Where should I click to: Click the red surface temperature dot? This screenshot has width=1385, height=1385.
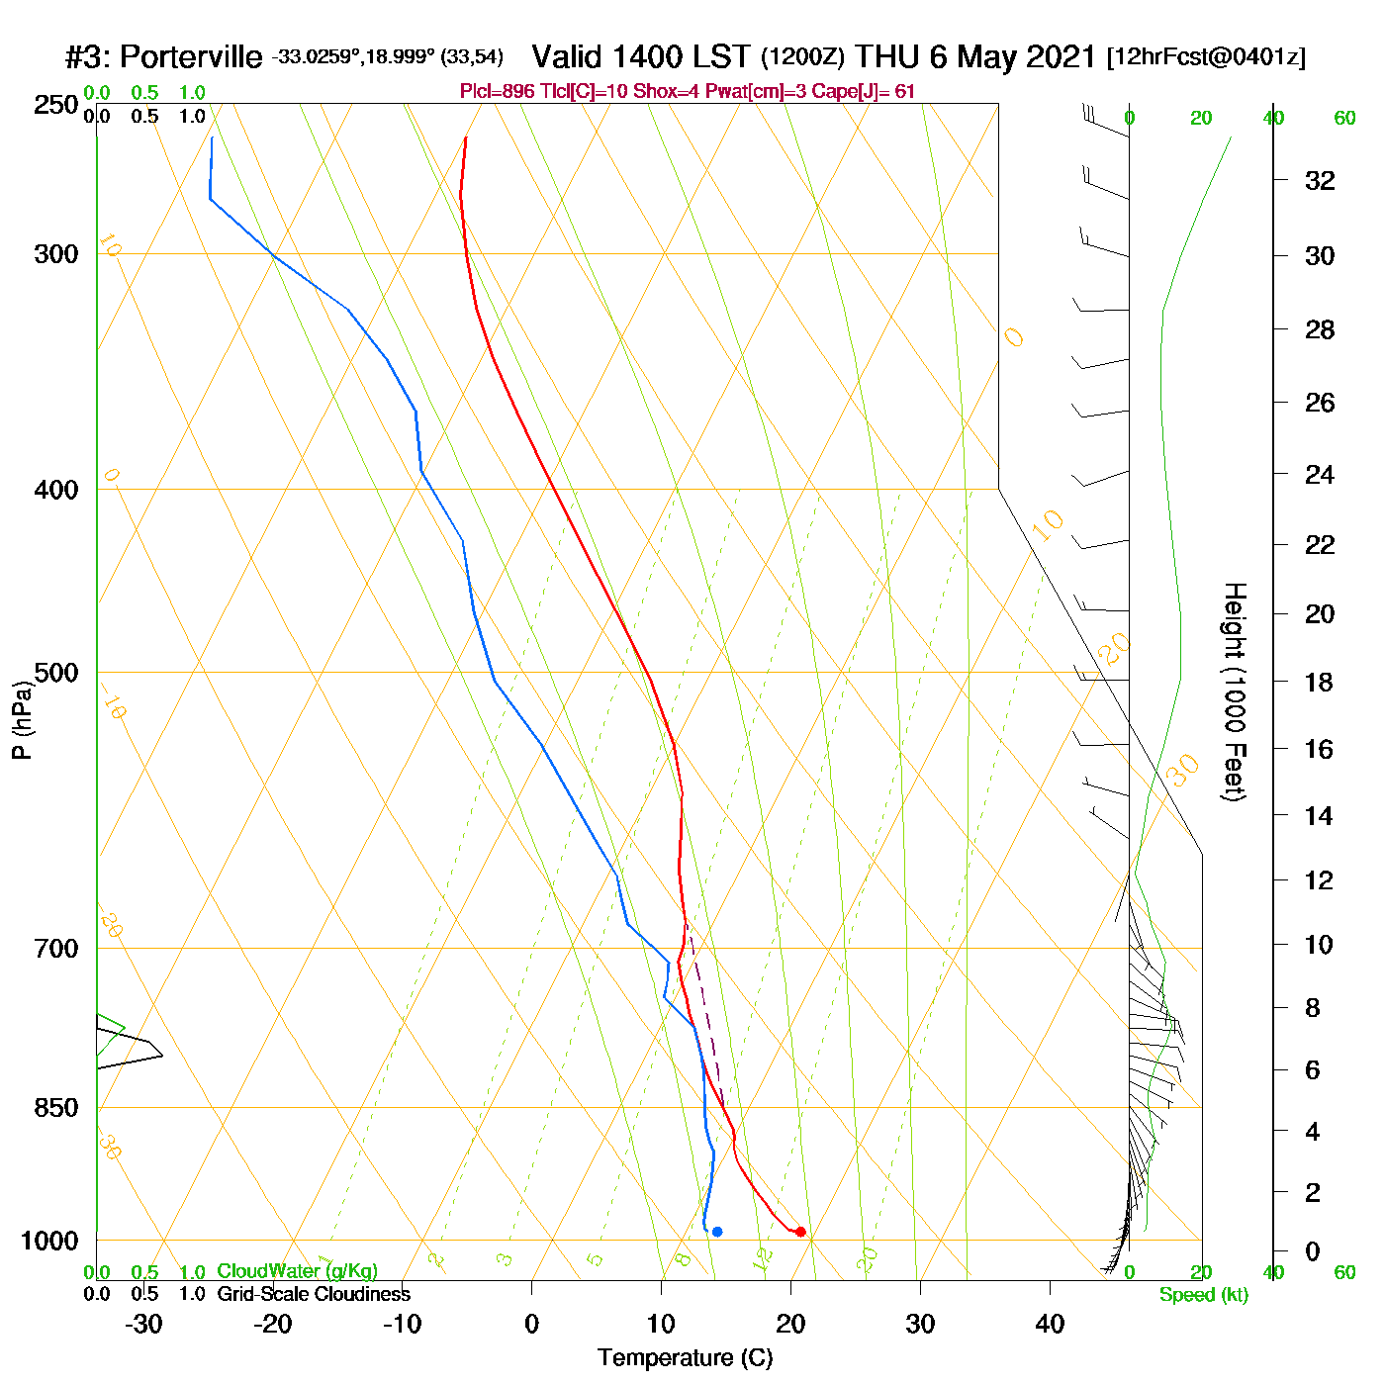pos(800,1232)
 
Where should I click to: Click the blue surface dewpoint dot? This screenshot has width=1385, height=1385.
pos(717,1232)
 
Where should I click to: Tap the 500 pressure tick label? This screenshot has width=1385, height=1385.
pos(56,673)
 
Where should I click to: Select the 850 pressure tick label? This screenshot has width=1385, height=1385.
pos(56,1108)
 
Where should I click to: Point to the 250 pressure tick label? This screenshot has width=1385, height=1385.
pos(56,105)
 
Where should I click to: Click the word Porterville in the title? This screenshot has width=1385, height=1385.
pos(191,57)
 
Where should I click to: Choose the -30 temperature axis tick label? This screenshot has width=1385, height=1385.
pos(143,1324)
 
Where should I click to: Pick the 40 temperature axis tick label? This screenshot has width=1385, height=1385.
pos(1050,1324)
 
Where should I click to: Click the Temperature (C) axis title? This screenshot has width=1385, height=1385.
pos(685,1358)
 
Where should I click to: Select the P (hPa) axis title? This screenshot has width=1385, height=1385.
pos(22,719)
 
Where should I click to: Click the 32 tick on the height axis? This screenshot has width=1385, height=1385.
pos(1320,180)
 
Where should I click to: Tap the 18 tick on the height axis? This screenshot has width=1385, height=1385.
pos(1320,682)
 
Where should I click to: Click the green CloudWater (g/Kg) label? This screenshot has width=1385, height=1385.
pos(297,1271)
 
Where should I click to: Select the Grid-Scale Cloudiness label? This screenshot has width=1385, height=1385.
pos(314,1294)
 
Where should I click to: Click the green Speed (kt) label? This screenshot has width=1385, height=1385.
pos(1204,1295)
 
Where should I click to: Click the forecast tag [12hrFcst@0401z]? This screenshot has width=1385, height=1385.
pos(1206,57)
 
